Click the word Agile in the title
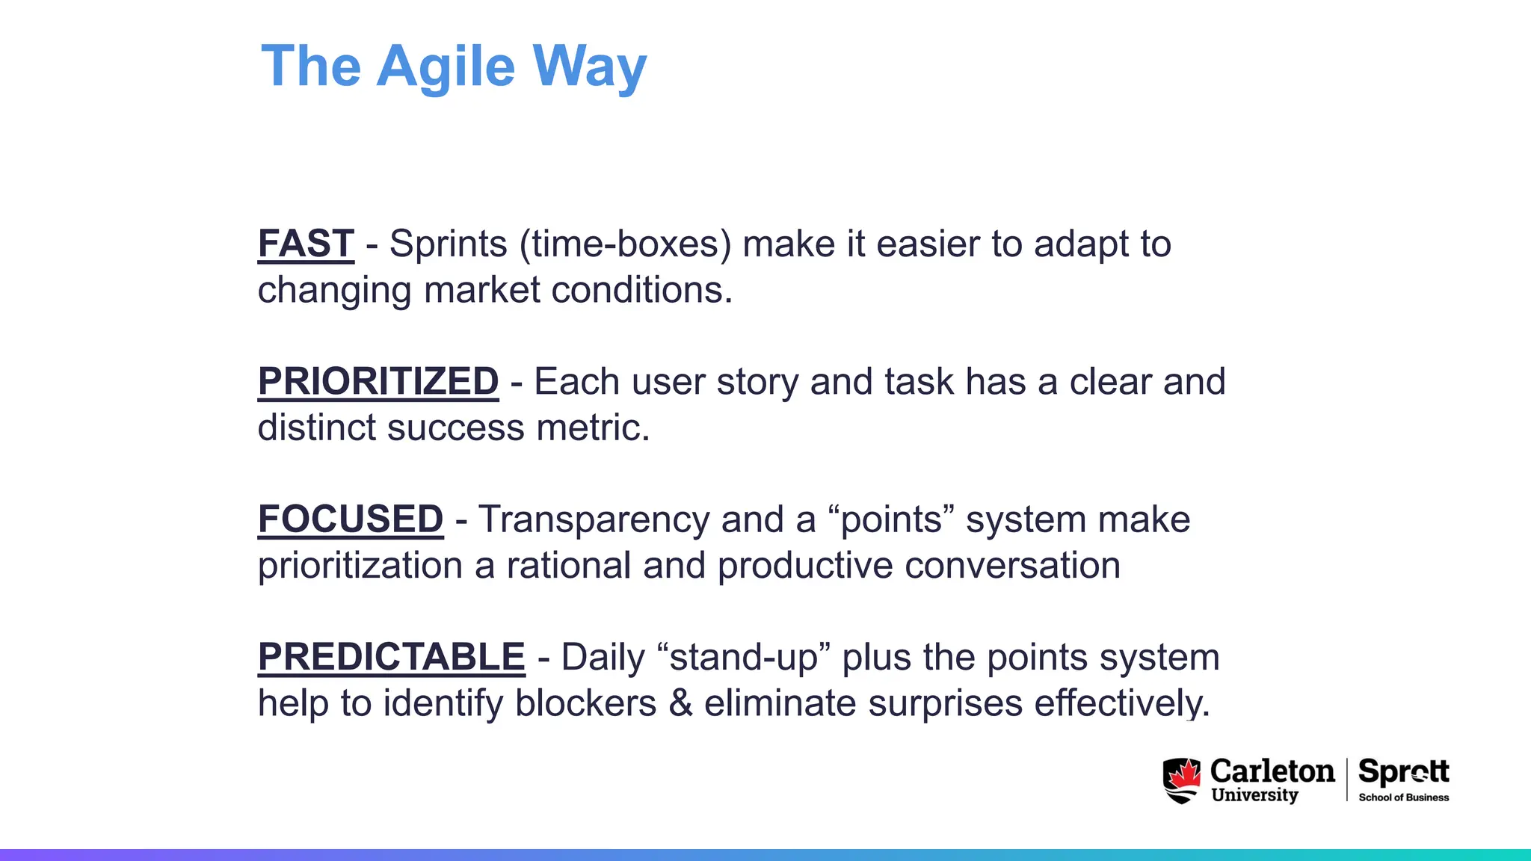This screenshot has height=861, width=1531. [x=446, y=67]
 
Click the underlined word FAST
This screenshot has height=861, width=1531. [x=306, y=244]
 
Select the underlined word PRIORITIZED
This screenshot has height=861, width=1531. [x=378, y=381]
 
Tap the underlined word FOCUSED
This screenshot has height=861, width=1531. [x=351, y=519]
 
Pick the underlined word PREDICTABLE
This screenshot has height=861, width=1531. [x=392, y=657]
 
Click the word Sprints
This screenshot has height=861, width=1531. [x=449, y=244]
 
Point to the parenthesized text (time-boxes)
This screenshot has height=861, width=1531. [x=626, y=244]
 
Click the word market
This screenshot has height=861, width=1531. [x=481, y=290]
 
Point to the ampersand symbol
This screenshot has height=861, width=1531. [x=680, y=703]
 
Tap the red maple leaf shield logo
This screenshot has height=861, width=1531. [x=1181, y=780]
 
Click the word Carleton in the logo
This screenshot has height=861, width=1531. [x=1272, y=771]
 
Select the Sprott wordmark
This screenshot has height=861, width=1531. [x=1403, y=771]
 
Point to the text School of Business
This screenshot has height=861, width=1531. [x=1403, y=797]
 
